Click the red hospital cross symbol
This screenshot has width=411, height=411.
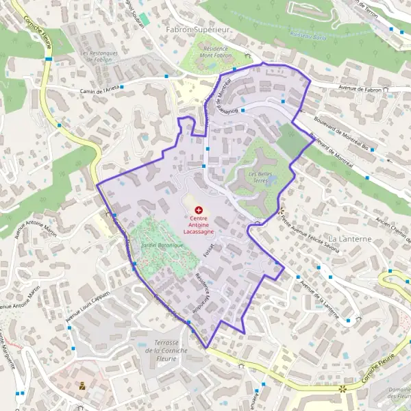click(199, 209)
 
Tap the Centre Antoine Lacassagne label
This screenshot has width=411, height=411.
click(199, 226)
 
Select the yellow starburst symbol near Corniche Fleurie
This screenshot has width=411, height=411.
click(342, 389)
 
